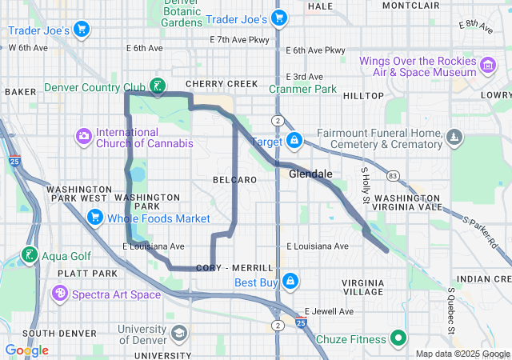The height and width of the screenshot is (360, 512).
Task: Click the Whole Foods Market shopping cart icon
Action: click(95, 217)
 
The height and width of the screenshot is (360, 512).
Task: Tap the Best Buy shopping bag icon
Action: click(290, 282)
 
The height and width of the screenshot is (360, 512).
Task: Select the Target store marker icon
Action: click(294, 141)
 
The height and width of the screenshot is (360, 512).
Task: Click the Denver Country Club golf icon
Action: click(158, 86)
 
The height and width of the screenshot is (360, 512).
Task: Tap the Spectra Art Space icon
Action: click(59, 294)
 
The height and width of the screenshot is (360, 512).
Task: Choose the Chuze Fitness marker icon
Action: click(396, 339)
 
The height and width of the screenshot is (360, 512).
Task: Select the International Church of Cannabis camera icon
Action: click(84, 137)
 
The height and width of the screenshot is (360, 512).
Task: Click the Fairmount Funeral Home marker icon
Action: click(454, 138)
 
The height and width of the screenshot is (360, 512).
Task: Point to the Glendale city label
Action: click(310, 174)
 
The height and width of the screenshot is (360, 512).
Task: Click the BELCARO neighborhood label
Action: click(236, 180)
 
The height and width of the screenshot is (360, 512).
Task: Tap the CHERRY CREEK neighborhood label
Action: click(222, 84)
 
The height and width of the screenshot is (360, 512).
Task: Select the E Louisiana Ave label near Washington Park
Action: click(154, 246)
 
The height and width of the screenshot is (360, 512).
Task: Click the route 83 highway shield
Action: click(391, 175)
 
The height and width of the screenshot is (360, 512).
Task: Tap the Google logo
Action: click(26, 350)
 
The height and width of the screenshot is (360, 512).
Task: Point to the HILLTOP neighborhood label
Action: click(363, 95)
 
